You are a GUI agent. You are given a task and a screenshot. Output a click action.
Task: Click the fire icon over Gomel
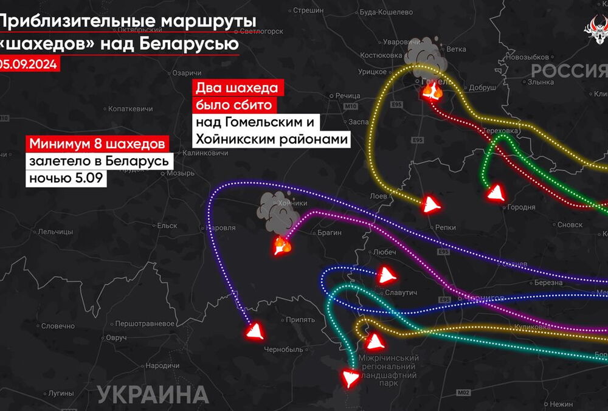[x=432, y=91]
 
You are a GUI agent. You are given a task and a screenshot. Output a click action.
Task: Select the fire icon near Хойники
[x=282, y=246]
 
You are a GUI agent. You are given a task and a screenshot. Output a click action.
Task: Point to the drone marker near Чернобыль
[x=254, y=331]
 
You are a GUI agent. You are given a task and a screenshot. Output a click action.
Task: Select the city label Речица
[x=348, y=96]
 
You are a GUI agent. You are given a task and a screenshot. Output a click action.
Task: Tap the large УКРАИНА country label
[x=152, y=395]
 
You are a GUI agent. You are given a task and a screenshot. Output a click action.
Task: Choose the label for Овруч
[x=116, y=337]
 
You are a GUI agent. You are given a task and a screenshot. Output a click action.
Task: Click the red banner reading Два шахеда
[x=237, y=89]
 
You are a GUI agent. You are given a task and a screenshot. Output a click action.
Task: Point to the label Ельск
[x=167, y=225]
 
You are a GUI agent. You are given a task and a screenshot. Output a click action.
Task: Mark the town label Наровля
[x=222, y=227]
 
